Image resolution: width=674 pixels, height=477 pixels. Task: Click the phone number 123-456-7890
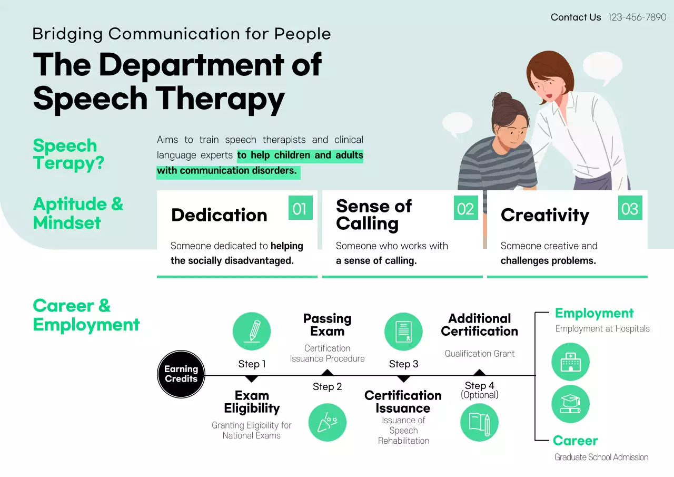[x=637, y=17]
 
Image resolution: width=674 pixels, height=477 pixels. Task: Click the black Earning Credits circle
[x=181, y=374]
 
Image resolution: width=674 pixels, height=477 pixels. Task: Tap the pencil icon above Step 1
[x=252, y=332]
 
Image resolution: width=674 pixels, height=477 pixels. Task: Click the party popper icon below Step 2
[x=328, y=422]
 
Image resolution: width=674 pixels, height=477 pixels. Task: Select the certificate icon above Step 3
[x=403, y=332]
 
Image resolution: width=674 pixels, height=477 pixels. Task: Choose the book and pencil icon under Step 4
[x=479, y=422]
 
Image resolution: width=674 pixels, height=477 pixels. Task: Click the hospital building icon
[x=570, y=362]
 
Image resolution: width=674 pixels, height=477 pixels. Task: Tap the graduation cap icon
[x=570, y=404]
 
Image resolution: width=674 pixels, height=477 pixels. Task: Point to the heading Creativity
[x=544, y=215]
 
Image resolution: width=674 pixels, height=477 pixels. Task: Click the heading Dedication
[x=219, y=215]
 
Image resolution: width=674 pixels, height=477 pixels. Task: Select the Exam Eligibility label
[x=252, y=402]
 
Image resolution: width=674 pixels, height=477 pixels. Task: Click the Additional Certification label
[x=479, y=325]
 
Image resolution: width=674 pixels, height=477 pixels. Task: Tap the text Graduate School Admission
[x=601, y=457]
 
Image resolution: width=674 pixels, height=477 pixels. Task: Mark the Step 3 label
[x=403, y=364]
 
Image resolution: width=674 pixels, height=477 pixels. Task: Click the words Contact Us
[x=576, y=17]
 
